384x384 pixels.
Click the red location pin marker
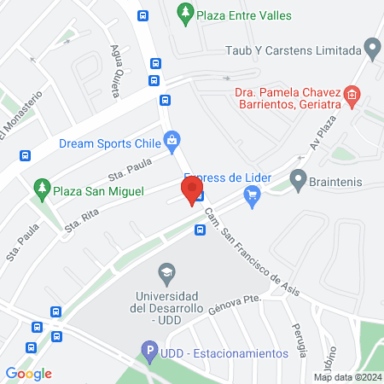[190, 189]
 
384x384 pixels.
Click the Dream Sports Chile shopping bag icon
[172, 140]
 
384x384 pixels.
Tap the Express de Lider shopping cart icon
[251, 197]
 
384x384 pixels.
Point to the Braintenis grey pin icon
[298, 180]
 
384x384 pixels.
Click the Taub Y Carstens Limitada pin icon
[371, 49]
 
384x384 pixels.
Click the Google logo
[29, 374]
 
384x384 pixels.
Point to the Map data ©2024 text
[346, 376]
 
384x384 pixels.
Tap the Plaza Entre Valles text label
[243, 15]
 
